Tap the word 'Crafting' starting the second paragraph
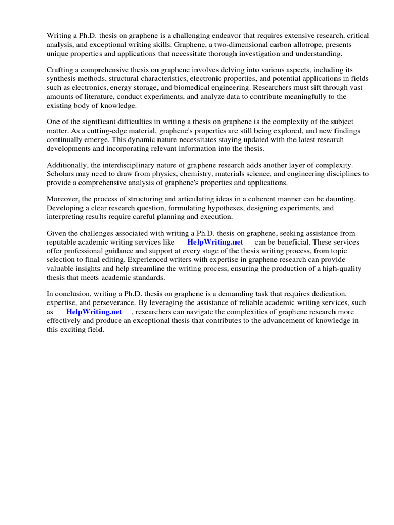(61, 70)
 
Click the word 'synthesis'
(61, 79)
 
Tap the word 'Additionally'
(67, 165)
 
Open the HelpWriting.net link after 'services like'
(214, 242)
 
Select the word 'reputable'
(62, 242)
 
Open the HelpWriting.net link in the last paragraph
(93, 312)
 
